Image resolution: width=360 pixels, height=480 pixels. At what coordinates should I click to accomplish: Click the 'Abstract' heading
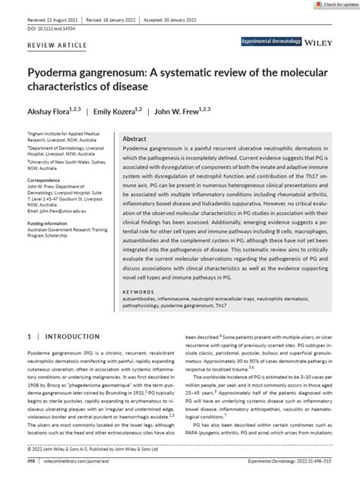point(135,140)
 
